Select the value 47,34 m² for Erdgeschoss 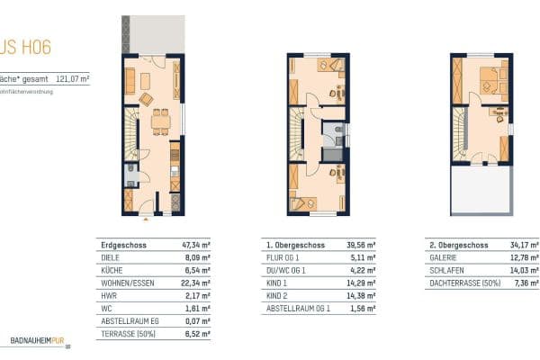click(196, 244)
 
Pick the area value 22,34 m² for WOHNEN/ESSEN click(195, 282)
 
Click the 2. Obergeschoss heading click(460, 244)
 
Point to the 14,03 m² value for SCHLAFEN click(526, 269)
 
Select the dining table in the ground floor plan click(160, 121)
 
